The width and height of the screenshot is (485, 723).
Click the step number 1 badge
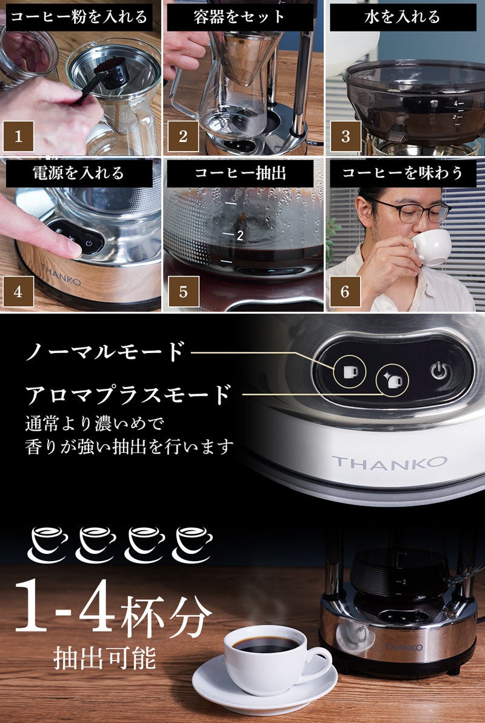pos(18,136)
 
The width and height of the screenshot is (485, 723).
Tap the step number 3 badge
pos(346,136)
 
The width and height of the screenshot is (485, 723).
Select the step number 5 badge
pos(184,291)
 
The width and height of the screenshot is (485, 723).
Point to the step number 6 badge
pos(346,291)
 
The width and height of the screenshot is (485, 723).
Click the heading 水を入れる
pos(403,17)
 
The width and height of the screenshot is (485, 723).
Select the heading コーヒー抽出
pos(240,173)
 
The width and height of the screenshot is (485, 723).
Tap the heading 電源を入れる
pos(78,173)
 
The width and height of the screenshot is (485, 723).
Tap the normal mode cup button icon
pos(350,371)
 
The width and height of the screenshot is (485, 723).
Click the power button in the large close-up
pos(440,370)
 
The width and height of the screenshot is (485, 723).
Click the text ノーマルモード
pos(105,351)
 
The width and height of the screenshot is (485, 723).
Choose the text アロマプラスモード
pos(128,395)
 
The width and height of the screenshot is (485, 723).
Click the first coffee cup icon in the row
pos(48,544)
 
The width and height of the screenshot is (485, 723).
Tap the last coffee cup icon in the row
pos(193,544)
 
